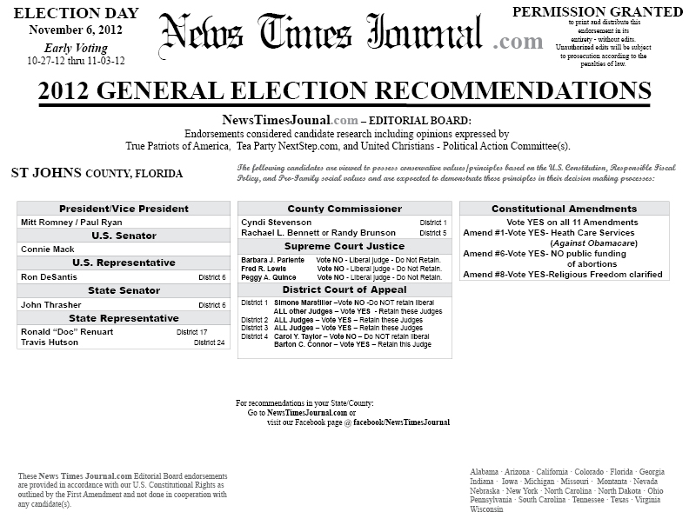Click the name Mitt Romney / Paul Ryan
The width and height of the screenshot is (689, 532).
point(71,223)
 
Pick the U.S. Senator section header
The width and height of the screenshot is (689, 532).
point(124,236)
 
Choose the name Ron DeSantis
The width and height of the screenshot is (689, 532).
point(49,277)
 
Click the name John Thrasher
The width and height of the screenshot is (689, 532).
point(51,305)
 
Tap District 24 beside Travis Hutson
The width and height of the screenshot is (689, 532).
point(209,343)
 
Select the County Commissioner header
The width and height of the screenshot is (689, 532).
point(344,209)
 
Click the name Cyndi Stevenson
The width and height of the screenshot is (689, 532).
point(277,223)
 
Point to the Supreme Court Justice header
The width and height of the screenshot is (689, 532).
point(344,247)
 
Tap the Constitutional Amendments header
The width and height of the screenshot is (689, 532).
point(564,209)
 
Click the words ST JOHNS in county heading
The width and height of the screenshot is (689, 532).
point(46,173)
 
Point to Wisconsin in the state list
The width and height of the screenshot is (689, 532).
point(486,510)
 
